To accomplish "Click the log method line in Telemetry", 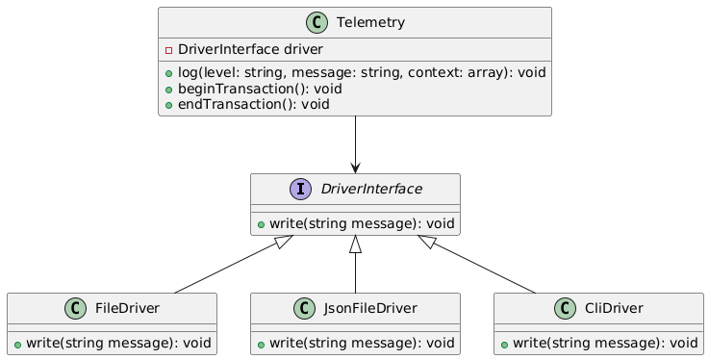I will [354, 73].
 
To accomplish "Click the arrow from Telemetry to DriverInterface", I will [355, 144].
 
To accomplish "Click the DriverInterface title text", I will [368, 190].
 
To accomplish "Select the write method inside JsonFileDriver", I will [355, 343].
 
